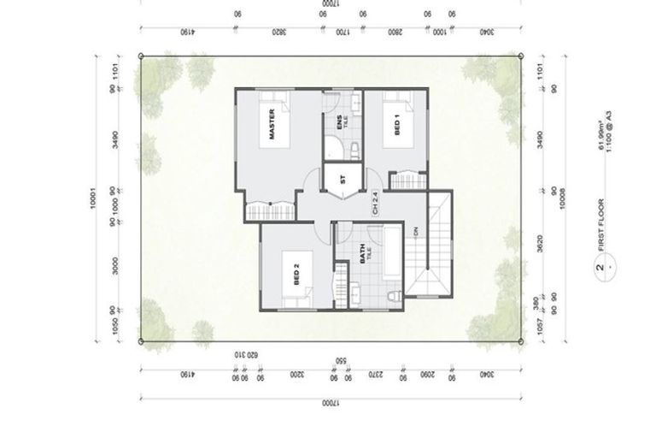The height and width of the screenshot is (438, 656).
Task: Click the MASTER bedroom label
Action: point(271,126)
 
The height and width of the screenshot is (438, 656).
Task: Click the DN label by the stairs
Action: point(416,231)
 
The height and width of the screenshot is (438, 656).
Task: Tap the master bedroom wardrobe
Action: point(270,210)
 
